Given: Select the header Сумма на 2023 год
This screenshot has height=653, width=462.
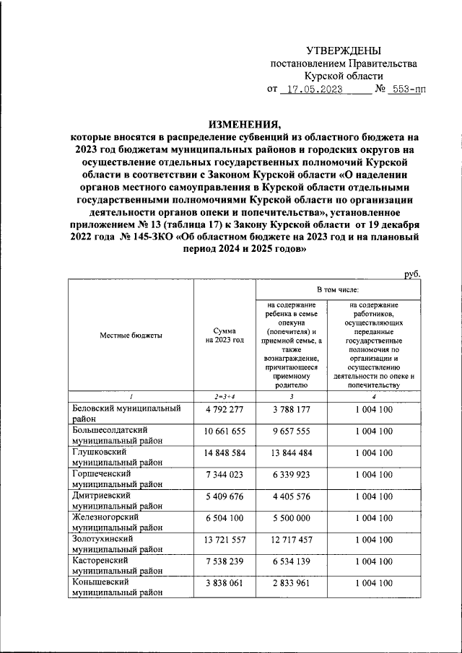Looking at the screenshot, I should point(225,335).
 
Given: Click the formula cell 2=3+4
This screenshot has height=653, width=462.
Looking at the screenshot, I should point(225,397).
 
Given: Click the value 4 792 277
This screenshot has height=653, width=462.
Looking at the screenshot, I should point(225,409).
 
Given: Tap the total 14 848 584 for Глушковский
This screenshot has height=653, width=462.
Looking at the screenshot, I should point(225,452).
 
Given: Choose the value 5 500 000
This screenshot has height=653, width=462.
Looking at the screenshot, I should point(292,517).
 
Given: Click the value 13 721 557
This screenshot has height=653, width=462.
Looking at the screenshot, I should point(225,539).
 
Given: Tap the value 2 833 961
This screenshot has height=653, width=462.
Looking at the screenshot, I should point(292,582).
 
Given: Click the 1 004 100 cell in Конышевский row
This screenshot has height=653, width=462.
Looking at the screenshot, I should point(374,582).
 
